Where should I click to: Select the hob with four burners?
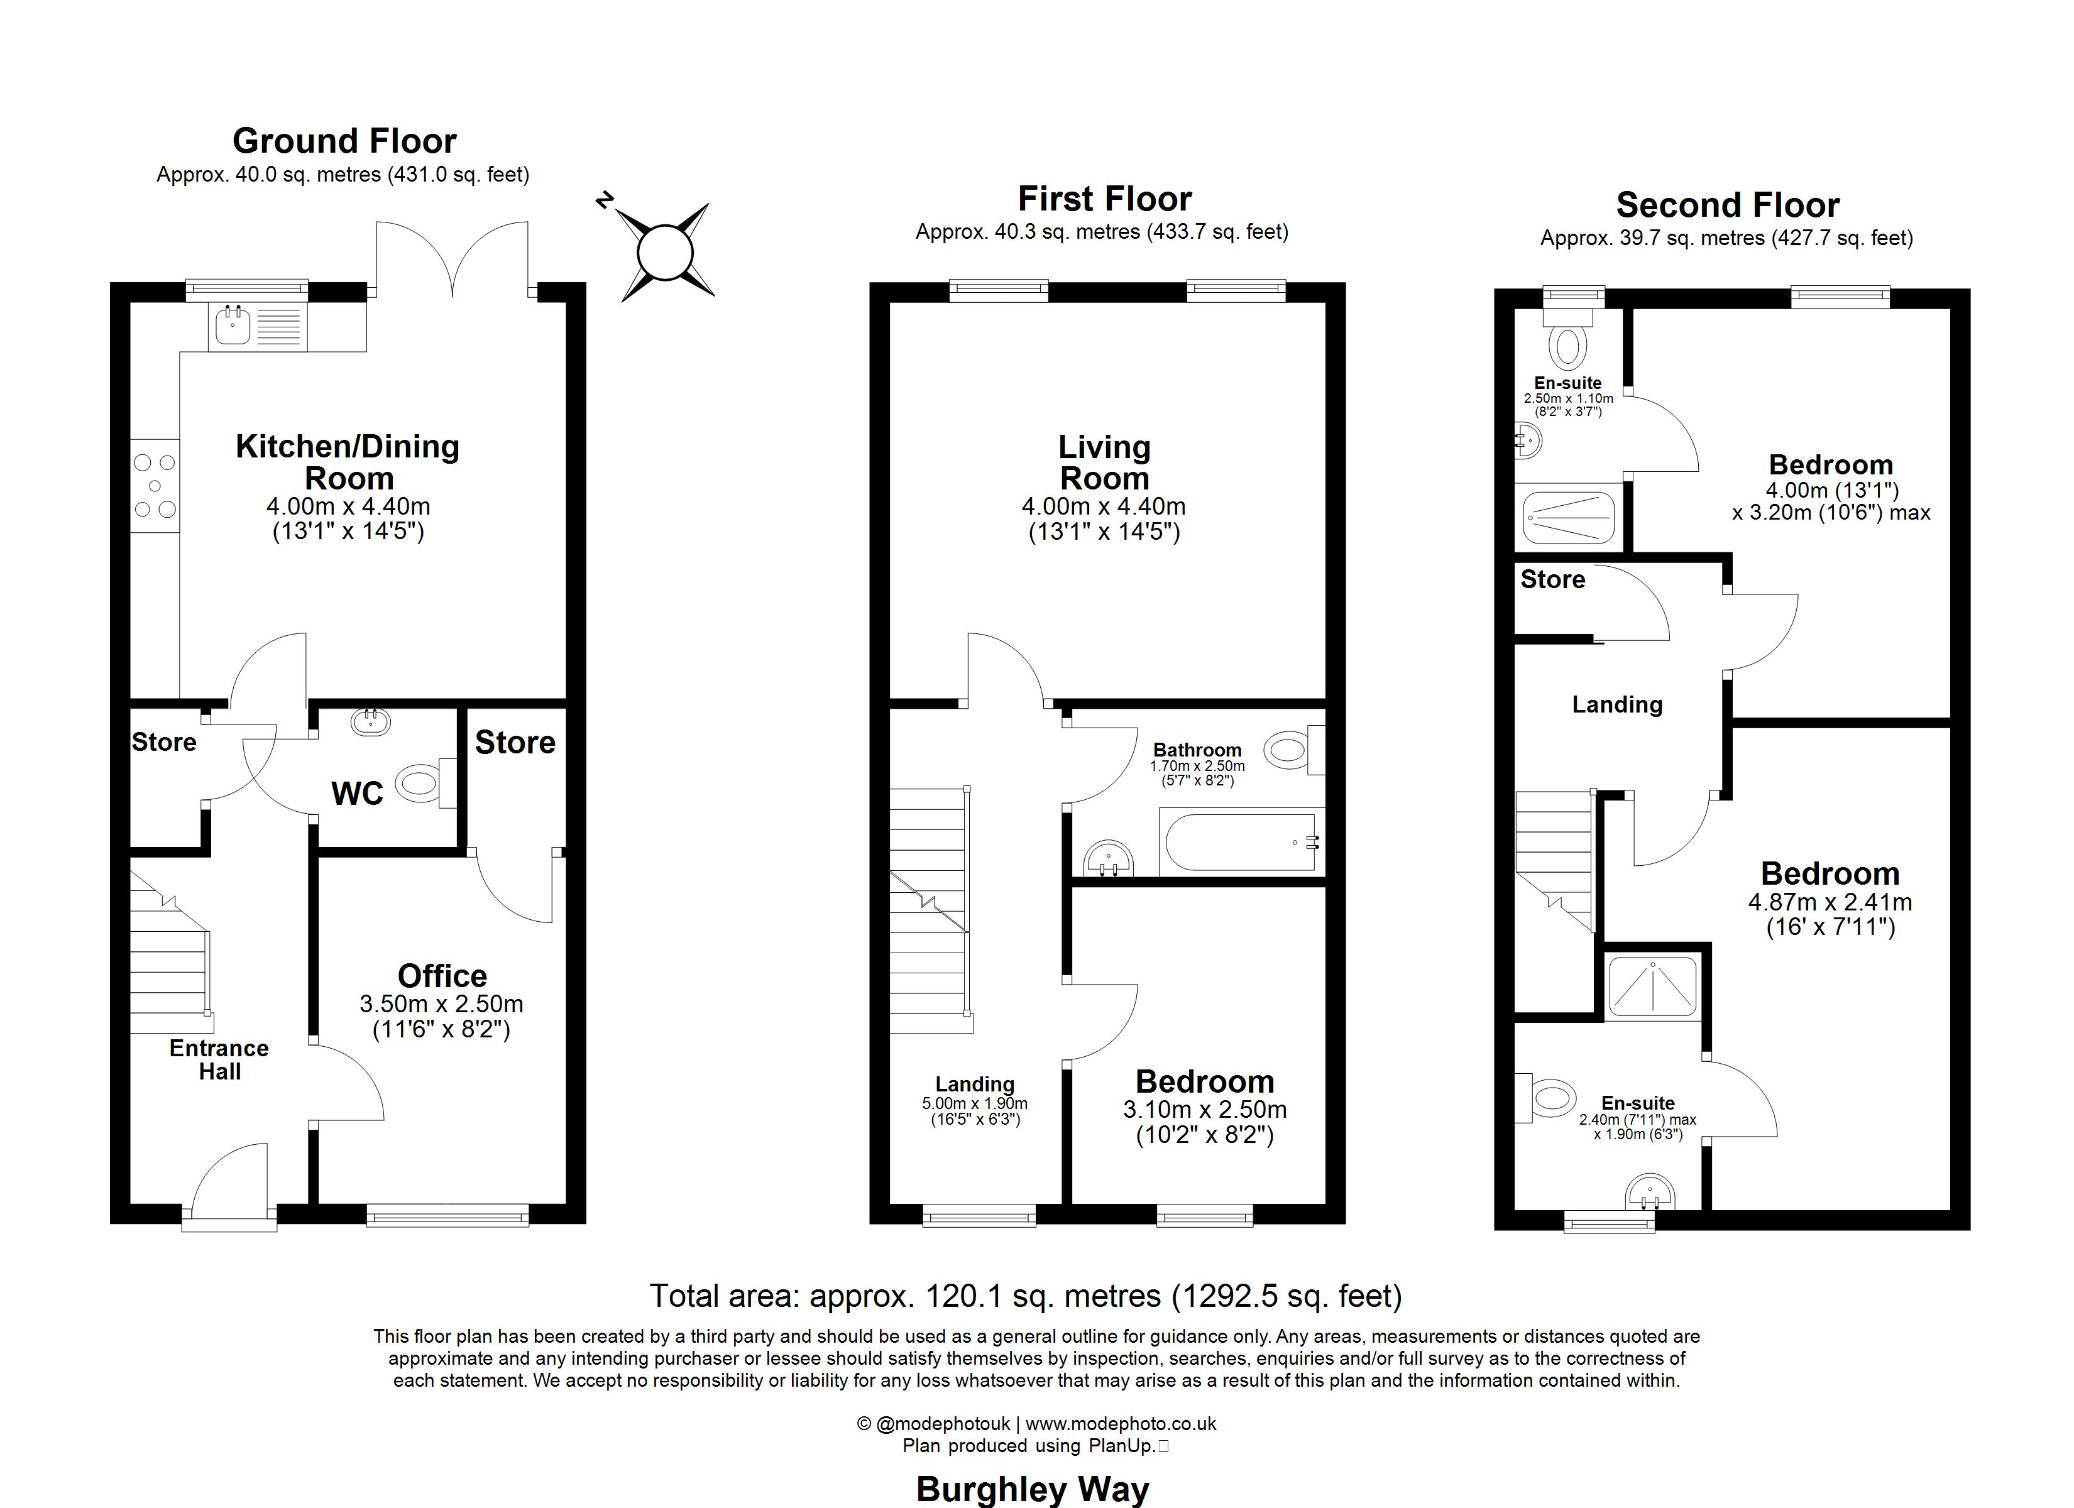155,486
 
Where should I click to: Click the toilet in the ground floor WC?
418,783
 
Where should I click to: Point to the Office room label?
442,976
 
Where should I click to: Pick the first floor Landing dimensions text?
974,1111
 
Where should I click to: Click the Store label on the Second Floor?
1552,580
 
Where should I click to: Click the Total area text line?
1025,1296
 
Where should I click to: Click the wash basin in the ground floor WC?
370,723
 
